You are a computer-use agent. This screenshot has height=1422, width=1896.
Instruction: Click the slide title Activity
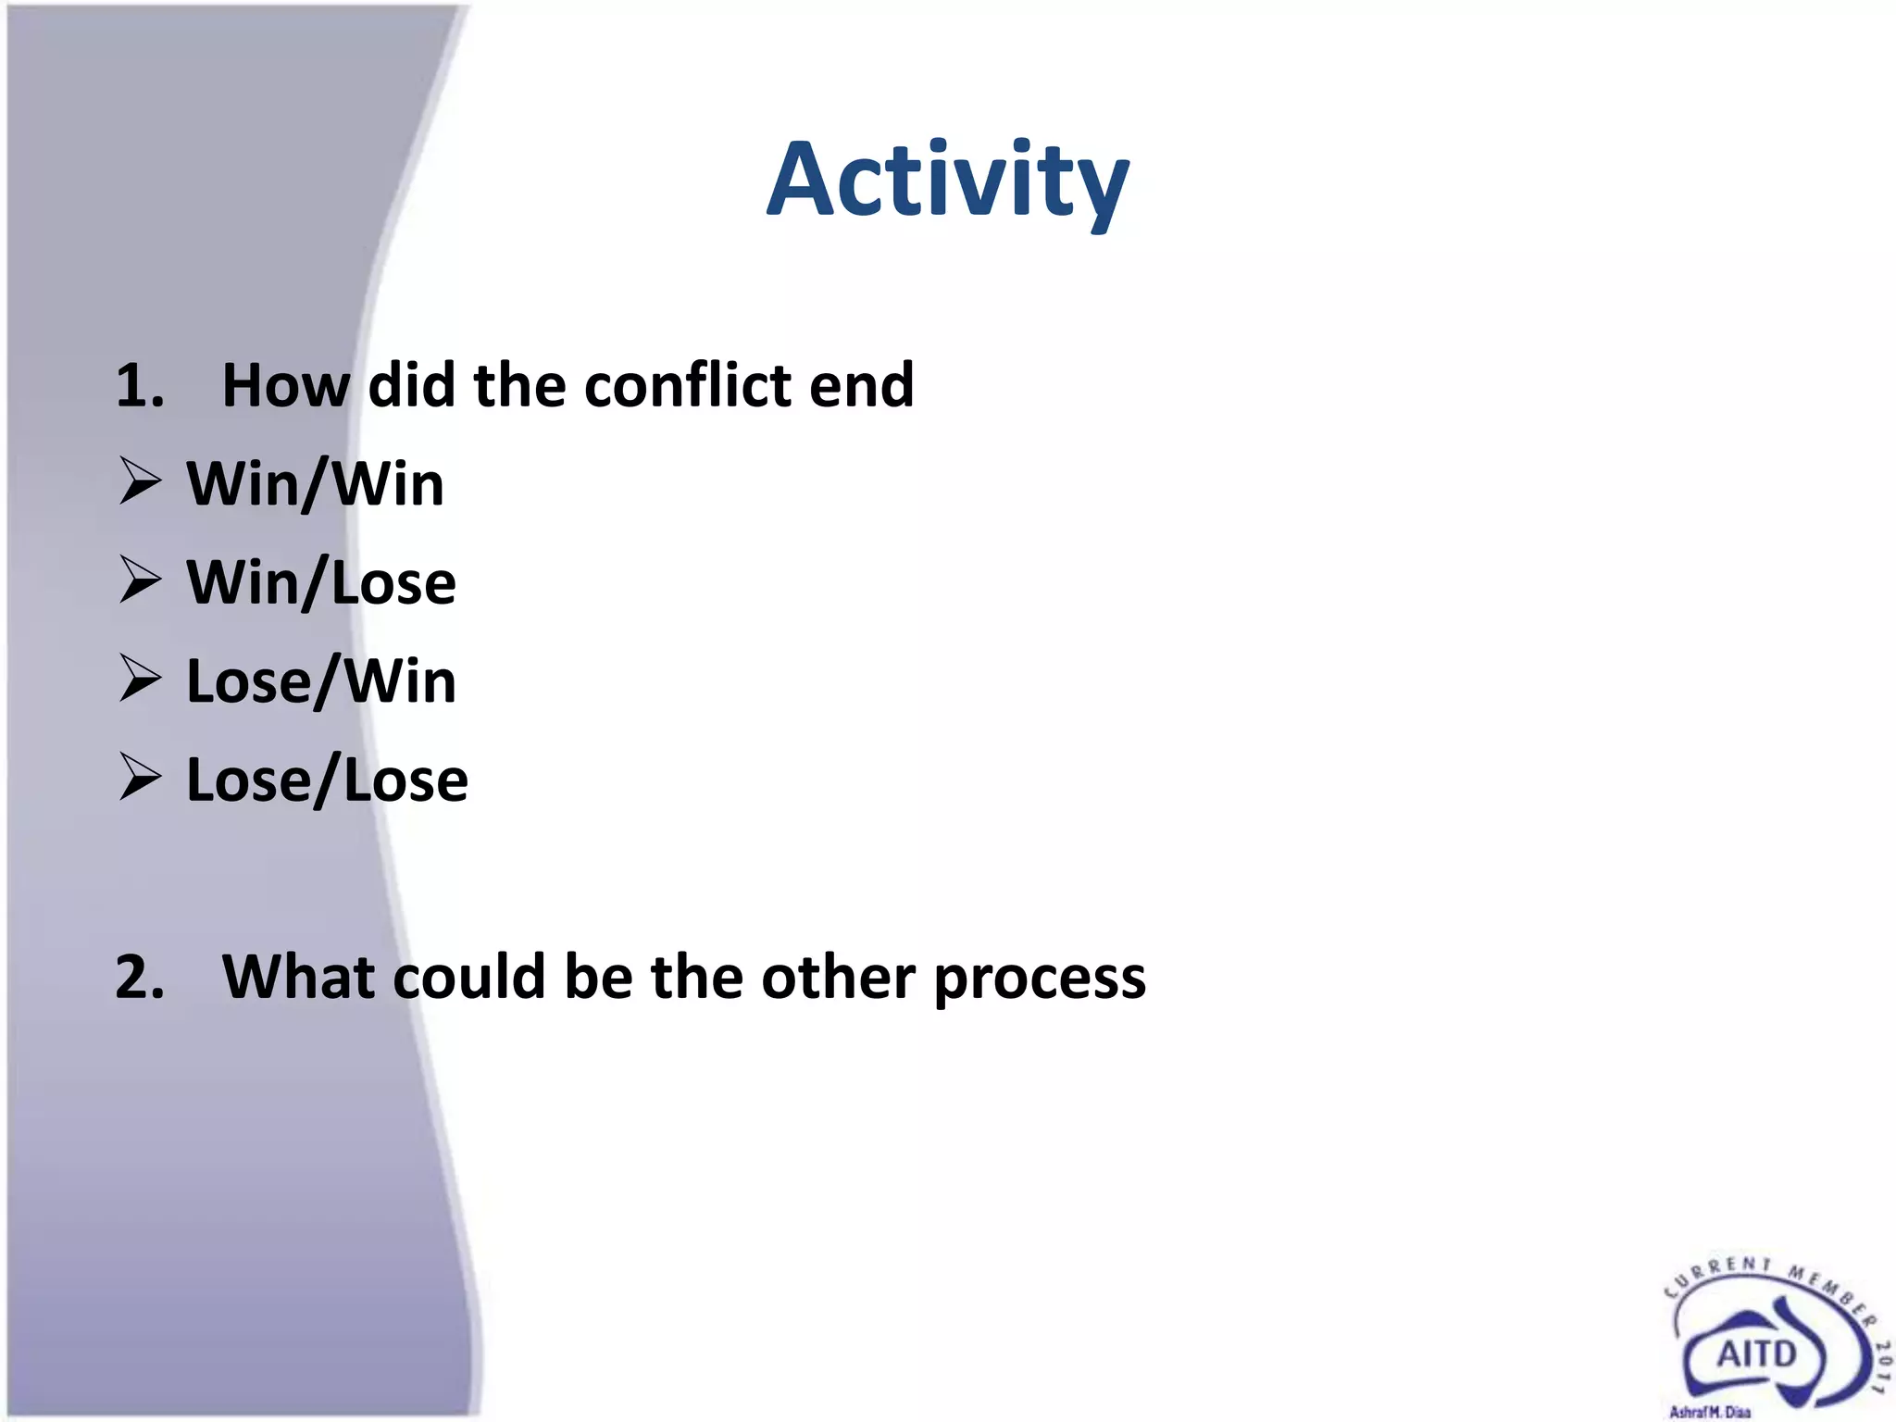coord(947,181)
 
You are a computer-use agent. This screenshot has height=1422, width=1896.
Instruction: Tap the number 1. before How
coord(140,385)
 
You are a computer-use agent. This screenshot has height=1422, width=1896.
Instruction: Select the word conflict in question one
coord(687,385)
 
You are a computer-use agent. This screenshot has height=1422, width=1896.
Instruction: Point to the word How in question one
coord(285,385)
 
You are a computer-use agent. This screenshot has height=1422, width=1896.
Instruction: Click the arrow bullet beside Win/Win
coord(141,482)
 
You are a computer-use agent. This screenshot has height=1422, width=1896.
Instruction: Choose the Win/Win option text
coord(315,484)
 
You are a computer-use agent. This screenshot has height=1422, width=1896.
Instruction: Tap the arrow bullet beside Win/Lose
coord(141,581)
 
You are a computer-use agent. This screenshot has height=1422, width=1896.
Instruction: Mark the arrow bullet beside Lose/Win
coord(141,680)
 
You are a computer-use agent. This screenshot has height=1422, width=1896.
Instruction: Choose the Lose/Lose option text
coord(326,780)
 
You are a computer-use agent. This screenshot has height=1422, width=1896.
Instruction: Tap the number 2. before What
coord(140,977)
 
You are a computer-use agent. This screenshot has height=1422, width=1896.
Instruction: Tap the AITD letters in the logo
coord(1756,1354)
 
